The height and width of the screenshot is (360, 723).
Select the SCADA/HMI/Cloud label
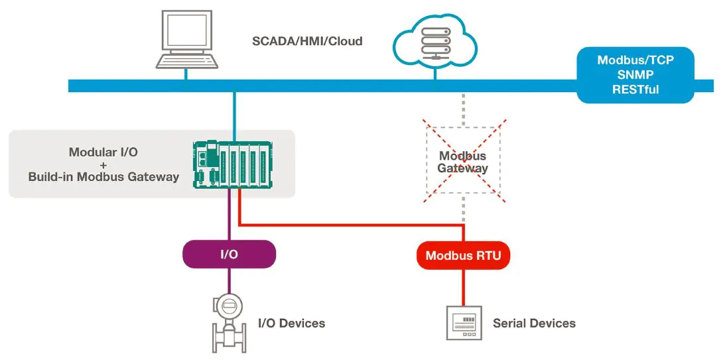pos(307,41)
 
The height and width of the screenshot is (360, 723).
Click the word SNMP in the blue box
pos(635,74)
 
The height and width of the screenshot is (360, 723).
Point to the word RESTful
pos(635,89)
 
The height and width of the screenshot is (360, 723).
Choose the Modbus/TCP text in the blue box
pos(635,60)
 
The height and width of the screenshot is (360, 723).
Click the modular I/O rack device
pos(233,164)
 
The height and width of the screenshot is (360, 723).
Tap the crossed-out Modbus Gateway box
pos(463,162)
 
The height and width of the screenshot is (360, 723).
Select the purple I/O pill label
pos(229,254)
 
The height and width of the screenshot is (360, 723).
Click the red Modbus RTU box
pos(463,255)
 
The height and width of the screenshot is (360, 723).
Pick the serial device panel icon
pos(463,324)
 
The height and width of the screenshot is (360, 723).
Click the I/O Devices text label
pos(291,324)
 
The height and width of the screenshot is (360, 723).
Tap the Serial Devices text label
pos(534,324)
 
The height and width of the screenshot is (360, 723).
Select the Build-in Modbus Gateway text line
pos(103,177)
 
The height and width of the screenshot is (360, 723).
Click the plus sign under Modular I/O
pos(103,164)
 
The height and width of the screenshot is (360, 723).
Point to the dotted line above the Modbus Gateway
pos(463,109)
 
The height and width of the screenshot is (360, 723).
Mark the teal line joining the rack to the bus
pos(233,116)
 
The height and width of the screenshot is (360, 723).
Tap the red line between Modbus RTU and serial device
pos(463,286)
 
